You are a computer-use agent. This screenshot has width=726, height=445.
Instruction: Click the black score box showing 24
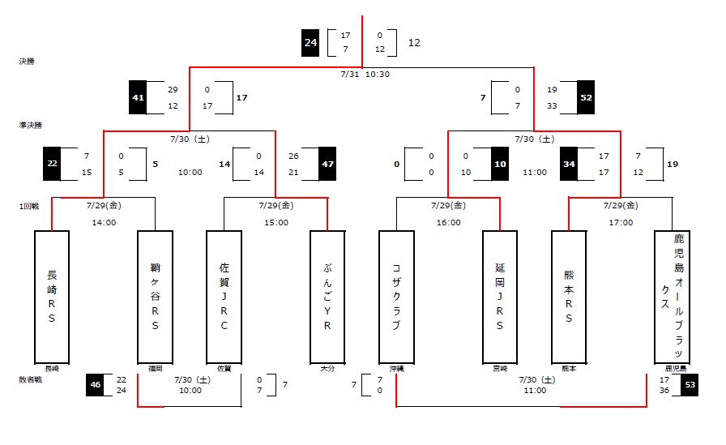coord(310,42)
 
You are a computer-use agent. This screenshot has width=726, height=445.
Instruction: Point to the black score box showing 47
coord(327,163)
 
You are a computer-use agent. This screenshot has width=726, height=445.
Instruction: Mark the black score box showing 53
coord(690,384)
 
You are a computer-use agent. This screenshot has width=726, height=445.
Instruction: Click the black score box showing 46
coord(96,384)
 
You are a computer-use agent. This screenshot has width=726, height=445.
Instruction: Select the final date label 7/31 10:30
coord(363,74)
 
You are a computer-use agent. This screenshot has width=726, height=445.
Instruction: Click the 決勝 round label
coord(27,61)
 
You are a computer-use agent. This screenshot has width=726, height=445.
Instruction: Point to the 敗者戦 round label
coord(30,379)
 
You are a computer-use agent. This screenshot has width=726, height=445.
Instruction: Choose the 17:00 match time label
coord(621,222)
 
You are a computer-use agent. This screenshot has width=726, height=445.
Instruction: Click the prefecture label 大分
coord(327,368)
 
